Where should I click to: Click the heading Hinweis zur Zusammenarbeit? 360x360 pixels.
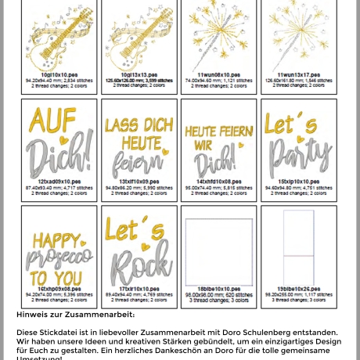pyautogui.click(x=75, y=314)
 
